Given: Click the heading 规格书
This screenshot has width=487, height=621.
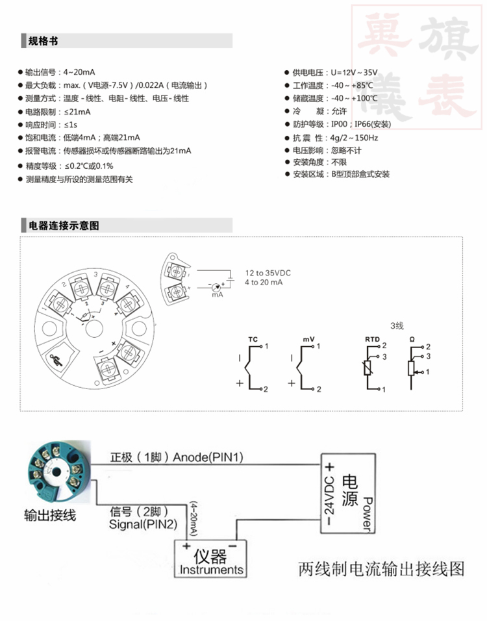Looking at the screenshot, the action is click(43, 41).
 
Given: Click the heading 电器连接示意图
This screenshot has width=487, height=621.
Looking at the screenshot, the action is click(64, 226).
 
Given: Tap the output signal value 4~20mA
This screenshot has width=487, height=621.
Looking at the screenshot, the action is click(79, 72).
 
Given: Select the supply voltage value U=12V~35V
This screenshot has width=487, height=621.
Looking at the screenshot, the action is click(354, 73).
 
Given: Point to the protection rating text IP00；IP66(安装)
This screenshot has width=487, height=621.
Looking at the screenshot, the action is click(360, 124).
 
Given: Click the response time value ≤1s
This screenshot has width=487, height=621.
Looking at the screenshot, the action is click(71, 125).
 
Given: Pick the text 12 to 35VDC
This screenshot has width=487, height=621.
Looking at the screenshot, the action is click(268, 273).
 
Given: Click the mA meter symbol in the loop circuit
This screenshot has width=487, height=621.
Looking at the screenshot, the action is click(216, 286).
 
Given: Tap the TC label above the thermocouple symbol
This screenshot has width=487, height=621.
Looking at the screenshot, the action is click(253, 340).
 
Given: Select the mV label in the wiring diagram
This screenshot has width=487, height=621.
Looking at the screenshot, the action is click(308, 340).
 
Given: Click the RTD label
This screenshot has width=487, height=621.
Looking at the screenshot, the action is click(372, 340).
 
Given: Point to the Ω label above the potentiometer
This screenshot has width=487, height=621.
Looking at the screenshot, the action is click(412, 340).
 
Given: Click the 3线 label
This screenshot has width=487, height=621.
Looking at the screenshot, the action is click(397, 325).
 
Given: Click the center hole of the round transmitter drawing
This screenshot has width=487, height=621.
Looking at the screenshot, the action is click(94, 328).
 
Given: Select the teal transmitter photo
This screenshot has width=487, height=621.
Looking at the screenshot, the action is click(59, 472).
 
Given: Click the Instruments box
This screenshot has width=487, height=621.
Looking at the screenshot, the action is click(210, 559).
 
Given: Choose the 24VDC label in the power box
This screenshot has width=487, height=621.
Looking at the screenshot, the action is click(329, 496).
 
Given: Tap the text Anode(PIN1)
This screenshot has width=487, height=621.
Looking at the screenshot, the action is click(208, 457).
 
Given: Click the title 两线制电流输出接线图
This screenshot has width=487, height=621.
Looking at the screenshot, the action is click(381, 569).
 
